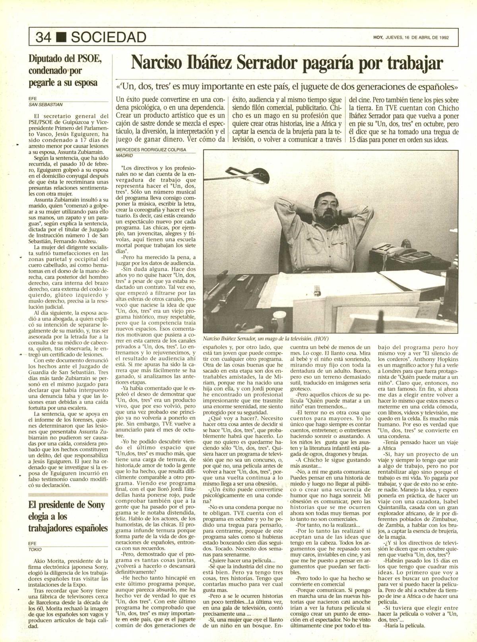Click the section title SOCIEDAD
(107, 37)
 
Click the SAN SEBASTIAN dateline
(46, 105)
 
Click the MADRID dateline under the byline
(124, 156)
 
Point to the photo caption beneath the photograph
(266, 339)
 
